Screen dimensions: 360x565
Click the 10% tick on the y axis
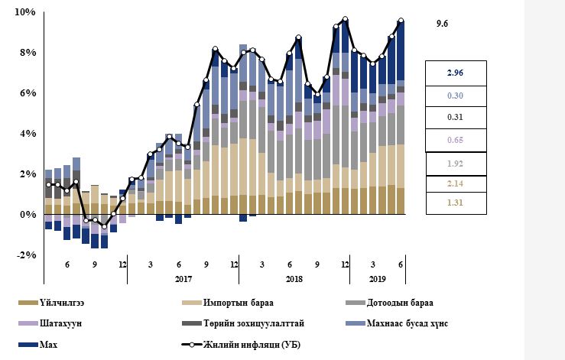(26, 12)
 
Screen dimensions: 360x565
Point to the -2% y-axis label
(26, 255)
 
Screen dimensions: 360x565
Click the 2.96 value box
(455, 73)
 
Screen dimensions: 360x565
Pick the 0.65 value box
(455, 139)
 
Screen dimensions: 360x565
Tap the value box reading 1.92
(455, 163)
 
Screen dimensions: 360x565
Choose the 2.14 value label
(455, 184)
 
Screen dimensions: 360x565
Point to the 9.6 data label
(442, 24)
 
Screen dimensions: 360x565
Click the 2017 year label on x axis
(183, 279)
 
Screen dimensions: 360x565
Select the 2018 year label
(294, 279)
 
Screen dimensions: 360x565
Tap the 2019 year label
(377, 279)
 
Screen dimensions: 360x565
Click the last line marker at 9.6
(401, 21)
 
